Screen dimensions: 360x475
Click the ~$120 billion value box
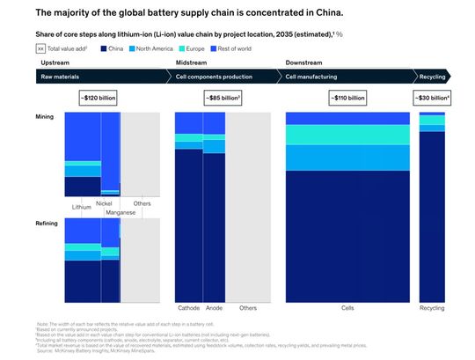pyautogui.click(x=97, y=97)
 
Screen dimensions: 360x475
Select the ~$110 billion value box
pyautogui.click(x=347, y=97)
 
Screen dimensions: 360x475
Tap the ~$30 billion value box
pyautogui.click(x=432, y=97)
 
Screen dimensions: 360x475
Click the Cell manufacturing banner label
pyautogui.click(x=313, y=77)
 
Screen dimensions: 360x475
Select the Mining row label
pyautogui.click(x=45, y=116)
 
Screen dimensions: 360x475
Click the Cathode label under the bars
pyautogui.click(x=188, y=307)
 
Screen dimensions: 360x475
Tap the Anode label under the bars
pyautogui.click(x=214, y=307)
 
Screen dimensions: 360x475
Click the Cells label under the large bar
pyautogui.click(x=347, y=307)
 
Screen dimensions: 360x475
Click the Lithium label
pyautogui.click(x=81, y=207)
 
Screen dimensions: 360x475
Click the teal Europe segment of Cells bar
pyautogui.click(x=347, y=134)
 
